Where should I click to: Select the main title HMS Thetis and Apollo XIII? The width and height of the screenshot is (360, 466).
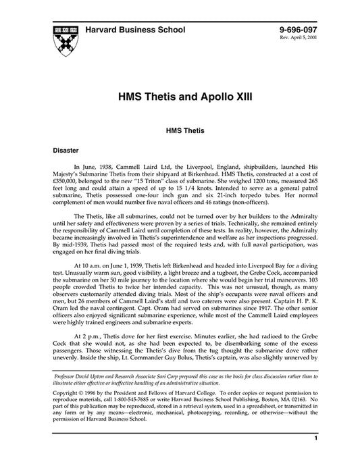[180, 97]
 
